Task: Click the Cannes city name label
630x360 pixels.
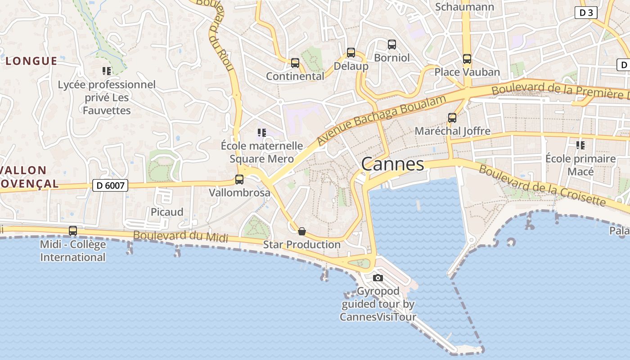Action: [x=392, y=164]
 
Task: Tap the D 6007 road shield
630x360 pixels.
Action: [x=110, y=185]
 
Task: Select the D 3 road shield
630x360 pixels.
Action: [x=586, y=13]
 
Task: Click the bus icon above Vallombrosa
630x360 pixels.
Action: [x=239, y=180]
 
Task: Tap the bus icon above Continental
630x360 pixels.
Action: [x=295, y=63]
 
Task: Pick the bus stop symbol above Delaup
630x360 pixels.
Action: [x=351, y=53]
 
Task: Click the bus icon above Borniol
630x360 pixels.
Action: [x=392, y=45]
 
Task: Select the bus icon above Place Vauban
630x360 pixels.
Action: [x=467, y=59]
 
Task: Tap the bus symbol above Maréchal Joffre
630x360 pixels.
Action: [x=452, y=118]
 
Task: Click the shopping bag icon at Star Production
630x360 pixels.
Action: [x=302, y=231]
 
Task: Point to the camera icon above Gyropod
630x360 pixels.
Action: [x=378, y=278]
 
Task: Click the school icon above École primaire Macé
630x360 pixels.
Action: [x=580, y=145]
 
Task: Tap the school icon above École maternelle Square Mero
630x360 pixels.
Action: [x=261, y=132]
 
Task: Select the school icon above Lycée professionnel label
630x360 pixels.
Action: [x=107, y=71]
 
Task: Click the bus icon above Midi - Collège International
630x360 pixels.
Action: [x=72, y=231]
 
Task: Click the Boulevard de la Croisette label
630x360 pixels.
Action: [x=542, y=185]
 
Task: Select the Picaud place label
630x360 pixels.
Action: [x=167, y=212]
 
